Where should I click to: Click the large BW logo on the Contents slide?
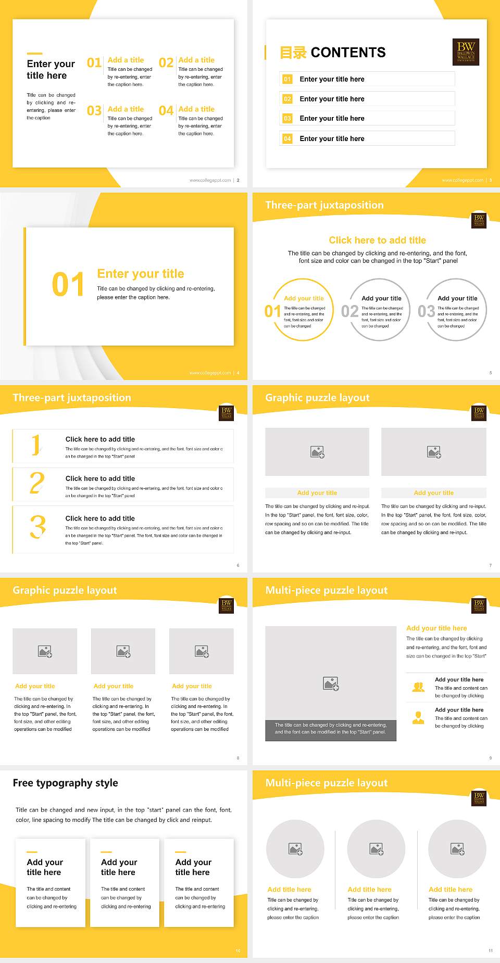tap(466, 52)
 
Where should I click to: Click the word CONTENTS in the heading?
tap(348, 53)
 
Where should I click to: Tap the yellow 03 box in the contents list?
tap(287, 119)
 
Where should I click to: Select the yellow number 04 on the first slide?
tap(166, 111)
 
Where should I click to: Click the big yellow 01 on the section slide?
tap(68, 285)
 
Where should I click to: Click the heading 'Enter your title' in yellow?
tap(141, 274)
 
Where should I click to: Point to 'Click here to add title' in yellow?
tap(377, 240)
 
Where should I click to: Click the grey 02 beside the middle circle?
tap(349, 311)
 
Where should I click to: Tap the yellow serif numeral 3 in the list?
tap(37, 527)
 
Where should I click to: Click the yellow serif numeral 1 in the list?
tap(36, 445)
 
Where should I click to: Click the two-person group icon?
tap(418, 687)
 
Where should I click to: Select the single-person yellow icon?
tap(418, 718)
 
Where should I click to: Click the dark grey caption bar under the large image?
tap(331, 728)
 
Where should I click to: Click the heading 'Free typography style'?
tap(65, 783)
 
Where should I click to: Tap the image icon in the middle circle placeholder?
tap(377, 849)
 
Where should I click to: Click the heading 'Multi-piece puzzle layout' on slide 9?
tap(326, 590)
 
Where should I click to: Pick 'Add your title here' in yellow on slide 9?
tap(436, 628)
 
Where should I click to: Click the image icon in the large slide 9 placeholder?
tap(331, 683)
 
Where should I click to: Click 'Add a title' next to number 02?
tap(196, 60)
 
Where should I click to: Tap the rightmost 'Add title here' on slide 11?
tap(451, 890)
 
